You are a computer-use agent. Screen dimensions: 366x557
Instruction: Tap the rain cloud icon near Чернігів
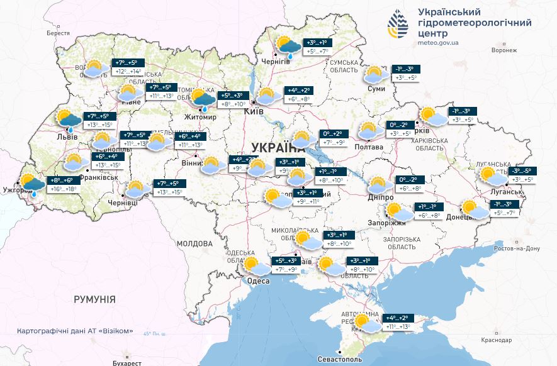(288, 47)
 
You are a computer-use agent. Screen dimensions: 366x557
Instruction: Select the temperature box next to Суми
(404, 73)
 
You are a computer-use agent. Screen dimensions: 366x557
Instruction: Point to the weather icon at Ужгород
(31, 184)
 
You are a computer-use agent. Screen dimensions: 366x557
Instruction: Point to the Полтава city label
(369, 147)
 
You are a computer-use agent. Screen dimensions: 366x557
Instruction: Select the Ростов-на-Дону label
(518, 248)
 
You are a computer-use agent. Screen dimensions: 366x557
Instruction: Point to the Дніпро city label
(381, 197)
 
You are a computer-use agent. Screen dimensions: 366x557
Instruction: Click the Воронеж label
(504, 50)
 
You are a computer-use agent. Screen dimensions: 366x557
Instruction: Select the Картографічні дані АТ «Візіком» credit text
(76, 331)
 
